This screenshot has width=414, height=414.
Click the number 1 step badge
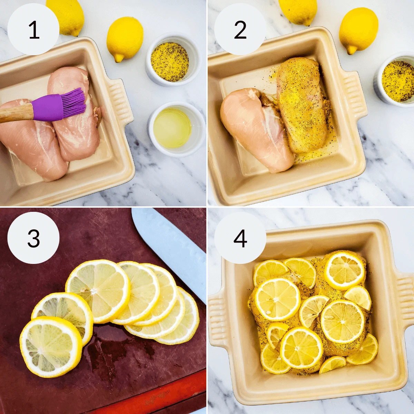[33, 30]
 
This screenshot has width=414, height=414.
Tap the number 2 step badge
[240, 30]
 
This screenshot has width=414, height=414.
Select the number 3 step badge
[33, 238]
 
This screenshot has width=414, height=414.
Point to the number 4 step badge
[240, 238]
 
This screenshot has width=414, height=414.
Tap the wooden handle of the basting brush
[16, 114]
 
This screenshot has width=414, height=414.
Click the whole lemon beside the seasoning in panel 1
[125, 38]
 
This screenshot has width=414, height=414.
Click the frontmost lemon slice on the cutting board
[51, 347]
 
